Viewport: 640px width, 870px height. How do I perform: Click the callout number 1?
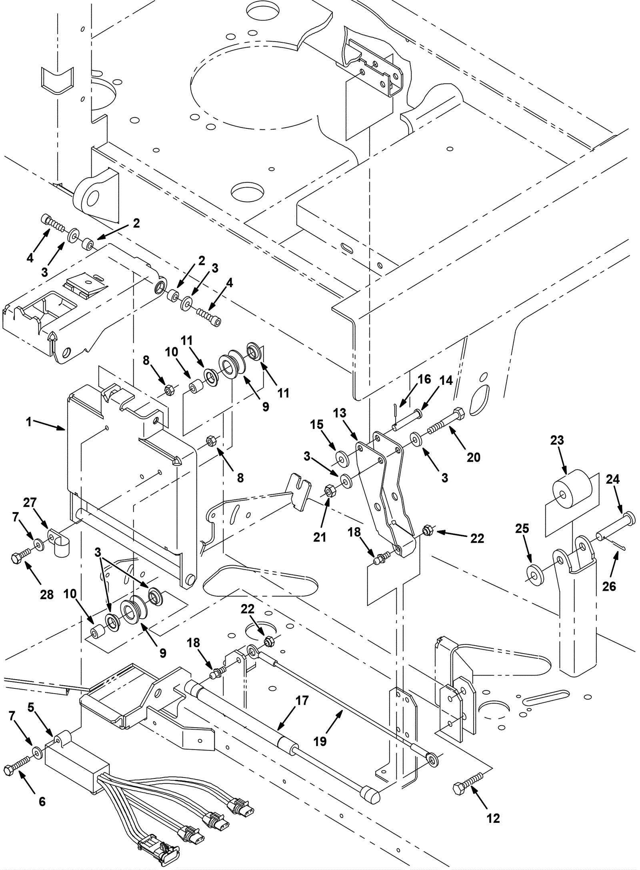pyautogui.click(x=29, y=422)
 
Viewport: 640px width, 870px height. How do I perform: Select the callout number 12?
pyautogui.click(x=494, y=818)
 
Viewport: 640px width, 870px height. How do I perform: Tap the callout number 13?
pyautogui.click(x=340, y=413)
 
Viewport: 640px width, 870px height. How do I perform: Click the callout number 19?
pyautogui.click(x=320, y=741)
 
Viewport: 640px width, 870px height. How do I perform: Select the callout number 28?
pyautogui.click(x=47, y=594)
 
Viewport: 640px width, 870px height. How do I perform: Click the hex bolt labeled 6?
pyautogui.click(x=17, y=767)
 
